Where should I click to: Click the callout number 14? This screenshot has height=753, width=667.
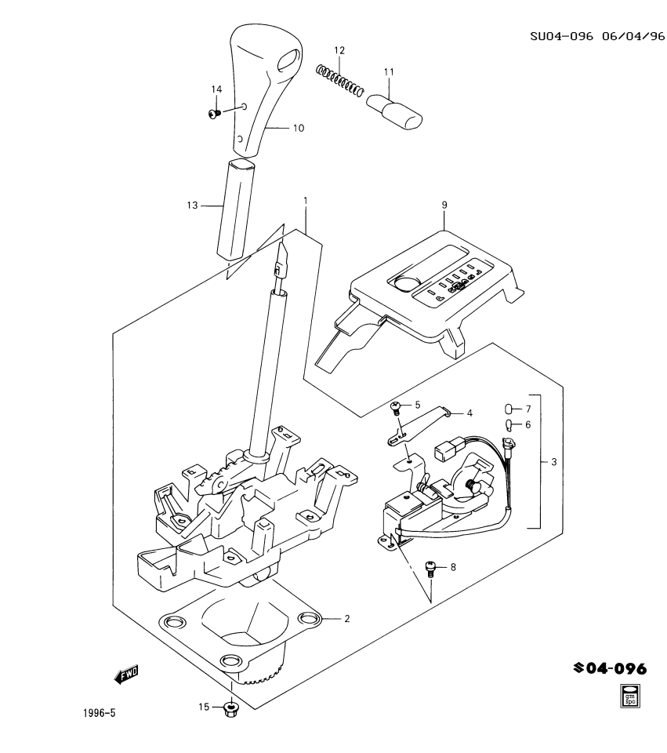coord(216,89)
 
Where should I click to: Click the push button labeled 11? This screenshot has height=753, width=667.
coord(396,111)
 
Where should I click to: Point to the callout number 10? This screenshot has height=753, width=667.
coord(299,128)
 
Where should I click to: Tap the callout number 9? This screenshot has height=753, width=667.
coord(444,205)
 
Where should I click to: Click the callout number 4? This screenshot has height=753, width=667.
coord(469,413)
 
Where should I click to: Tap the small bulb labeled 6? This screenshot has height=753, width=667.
coord(507,425)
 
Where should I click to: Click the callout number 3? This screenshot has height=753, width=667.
coord(553,462)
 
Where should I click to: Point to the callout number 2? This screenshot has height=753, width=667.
coord(346,619)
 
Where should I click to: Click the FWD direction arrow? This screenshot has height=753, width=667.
coord(125,673)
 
